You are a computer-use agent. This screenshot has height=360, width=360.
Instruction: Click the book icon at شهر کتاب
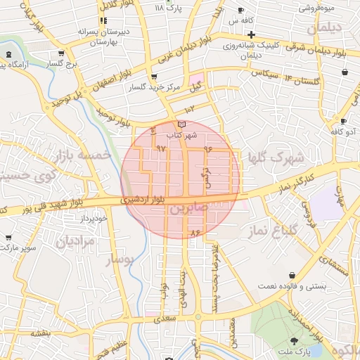tap(182, 124)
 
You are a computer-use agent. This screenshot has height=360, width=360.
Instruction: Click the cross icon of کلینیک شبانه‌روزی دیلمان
tap(252, 33)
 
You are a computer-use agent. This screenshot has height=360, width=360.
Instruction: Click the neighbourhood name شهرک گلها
tap(276, 157)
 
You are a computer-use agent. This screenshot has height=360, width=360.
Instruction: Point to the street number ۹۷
tap(161, 148)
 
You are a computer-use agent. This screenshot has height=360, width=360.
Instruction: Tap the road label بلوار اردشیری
tap(142, 200)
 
